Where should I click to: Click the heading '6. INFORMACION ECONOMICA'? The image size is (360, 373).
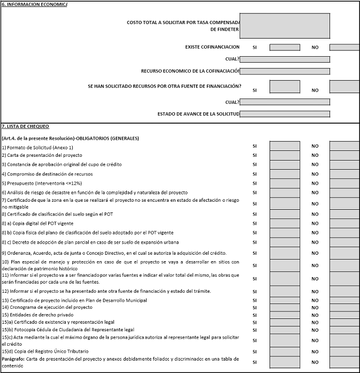pyautogui.click(x=35, y=4)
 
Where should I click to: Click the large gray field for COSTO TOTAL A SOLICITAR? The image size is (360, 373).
pyautogui.click(x=284, y=26)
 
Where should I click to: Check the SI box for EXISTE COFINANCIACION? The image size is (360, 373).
pyautogui.click(x=284, y=47)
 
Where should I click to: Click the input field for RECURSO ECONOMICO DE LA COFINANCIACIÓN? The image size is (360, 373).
pyautogui.click(x=284, y=71)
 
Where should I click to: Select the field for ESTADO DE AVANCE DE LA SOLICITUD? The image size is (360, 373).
pyautogui.click(x=284, y=114)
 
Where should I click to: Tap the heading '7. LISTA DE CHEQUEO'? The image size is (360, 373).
pyautogui.click(x=25, y=126)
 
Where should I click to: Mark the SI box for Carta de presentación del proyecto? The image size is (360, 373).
pyautogui.click(x=284, y=155)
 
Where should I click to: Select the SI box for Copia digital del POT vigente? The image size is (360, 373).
pyautogui.click(x=284, y=223)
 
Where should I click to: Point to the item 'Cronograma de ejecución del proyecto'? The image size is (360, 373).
pyautogui.click(x=43, y=307)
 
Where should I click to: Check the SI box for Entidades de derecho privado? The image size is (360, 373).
pyautogui.click(x=284, y=314)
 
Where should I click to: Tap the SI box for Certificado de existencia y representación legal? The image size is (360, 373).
pyautogui.click(x=284, y=322)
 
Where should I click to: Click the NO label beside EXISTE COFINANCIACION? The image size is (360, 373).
pyautogui.click(x=315, y=48)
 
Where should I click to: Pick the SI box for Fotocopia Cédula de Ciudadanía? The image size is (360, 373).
pyautogui.click(x=284, y=329)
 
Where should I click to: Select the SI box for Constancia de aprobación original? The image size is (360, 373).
pyautogui.click(x=284, y=165)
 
